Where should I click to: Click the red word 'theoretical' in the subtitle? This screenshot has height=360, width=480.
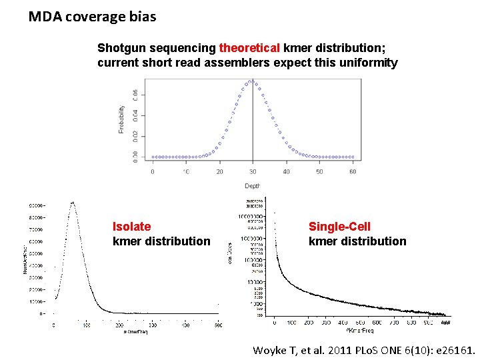[249, 48]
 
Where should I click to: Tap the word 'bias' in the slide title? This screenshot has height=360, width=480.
[143, 17]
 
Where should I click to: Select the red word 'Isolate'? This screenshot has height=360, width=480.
[131, 227]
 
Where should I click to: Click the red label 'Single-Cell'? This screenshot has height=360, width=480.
[339, 227]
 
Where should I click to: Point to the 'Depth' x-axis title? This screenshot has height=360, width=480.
[252, 186]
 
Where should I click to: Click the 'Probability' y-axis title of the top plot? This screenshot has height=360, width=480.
[121, 119]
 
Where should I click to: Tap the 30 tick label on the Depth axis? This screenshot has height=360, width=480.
[252, 172]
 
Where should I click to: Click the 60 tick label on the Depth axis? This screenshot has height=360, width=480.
[353, 172]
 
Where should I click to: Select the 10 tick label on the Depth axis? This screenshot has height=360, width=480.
[185, 172]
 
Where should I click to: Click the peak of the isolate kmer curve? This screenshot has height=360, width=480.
[72, 203]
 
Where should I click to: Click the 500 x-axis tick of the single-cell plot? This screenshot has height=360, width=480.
[359, 323]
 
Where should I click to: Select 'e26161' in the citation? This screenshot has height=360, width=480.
[453, 350]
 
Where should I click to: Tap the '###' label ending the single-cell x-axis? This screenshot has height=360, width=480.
[445, 323]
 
